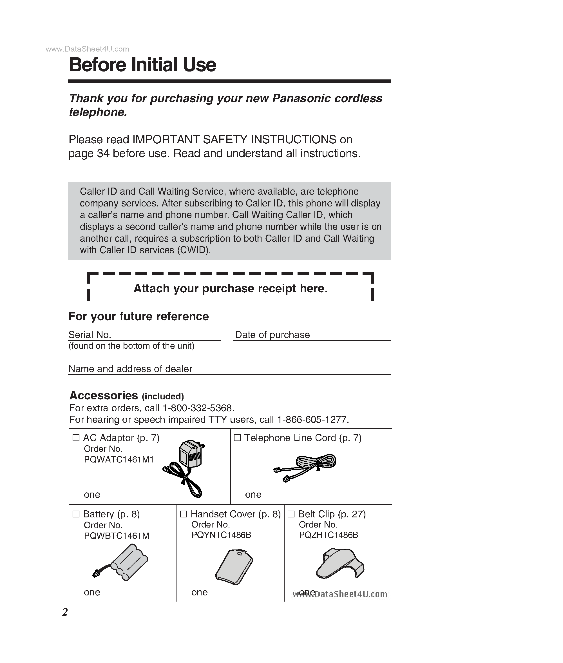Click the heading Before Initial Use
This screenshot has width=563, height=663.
pos(142,65)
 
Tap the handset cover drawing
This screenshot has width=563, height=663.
pos(234,567)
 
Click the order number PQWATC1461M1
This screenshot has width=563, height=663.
pos(119,460)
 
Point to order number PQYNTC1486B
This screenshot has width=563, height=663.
pos(221,535)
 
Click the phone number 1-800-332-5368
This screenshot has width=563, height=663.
pos(198,408)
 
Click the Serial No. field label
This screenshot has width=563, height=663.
pos(90,335)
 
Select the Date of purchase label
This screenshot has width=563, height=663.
pos(272,335)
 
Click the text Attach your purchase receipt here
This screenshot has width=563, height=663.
pos(231,288)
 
